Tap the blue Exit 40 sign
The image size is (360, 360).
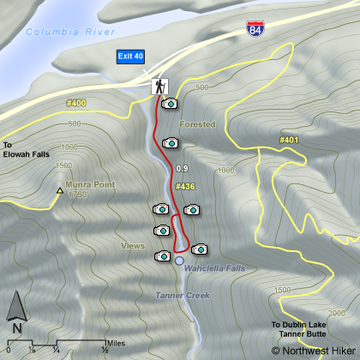tap(132, 57)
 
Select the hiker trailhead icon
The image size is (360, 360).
tap(159, 87)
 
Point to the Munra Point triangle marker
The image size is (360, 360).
tap(59, 190)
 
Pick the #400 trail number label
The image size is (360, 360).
tap(76, 103)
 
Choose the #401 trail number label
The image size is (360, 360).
tap(289, 139)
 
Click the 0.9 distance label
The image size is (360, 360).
tap(181, 168)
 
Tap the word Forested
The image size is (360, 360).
tap(198, 124)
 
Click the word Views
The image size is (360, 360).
tap(133, 245)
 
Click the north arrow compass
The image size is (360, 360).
tap(16, 313)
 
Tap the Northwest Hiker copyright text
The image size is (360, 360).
tap(312, 350)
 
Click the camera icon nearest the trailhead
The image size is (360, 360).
tap(169, 104)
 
